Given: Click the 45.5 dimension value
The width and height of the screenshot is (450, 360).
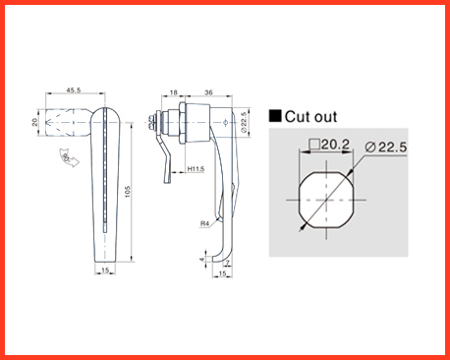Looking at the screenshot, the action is (74, 90).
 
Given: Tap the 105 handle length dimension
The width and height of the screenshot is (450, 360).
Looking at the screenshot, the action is (128, 192).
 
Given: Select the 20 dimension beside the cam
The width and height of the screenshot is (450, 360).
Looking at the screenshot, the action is (34, 122).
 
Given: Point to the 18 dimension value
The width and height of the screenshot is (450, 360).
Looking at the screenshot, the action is (174, 92).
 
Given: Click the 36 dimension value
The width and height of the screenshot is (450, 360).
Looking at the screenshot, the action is (208, 92).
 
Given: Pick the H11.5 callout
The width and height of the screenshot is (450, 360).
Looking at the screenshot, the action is (196, 169).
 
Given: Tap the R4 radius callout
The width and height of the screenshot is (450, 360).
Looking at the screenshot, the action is (204, 223).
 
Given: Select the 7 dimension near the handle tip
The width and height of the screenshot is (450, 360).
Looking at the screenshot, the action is (228, 263).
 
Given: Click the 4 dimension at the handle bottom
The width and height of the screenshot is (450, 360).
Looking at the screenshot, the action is (202, 260).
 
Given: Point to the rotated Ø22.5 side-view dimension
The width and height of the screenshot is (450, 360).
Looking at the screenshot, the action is (244, 122).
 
